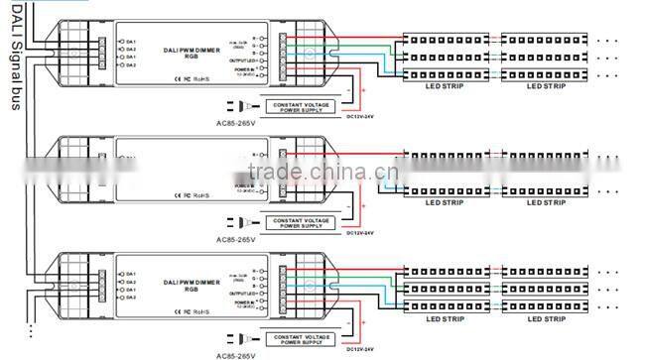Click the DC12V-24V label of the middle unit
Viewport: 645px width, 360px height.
pyautogui.click(x=359, y=233)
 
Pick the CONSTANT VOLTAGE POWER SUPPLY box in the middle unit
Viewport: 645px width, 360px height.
pyautogui.click(x=302, y=221)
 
